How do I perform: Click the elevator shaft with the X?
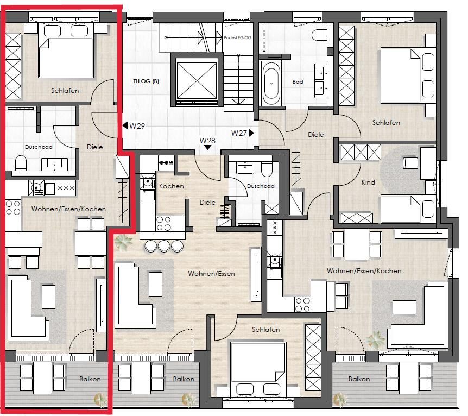[x=197, y=80]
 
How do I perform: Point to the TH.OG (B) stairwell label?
[x=146, y=81]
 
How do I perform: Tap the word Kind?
[x=368, y=182]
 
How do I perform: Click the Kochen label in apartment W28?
[x=172, y=186]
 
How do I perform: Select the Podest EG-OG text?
[x=238, y=38]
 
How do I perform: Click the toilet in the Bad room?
[x=319, y=35]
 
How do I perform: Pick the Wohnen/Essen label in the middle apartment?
[x=211, y=273]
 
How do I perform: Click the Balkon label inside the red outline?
[x=90, y=379]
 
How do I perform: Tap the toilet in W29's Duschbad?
[x=21, y=163]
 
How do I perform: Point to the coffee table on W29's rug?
[x=48, y=297]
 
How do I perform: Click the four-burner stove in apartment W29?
[x=13, y=207]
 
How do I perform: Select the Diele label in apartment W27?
[x=316, y=134]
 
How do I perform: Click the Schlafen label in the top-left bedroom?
[x=65, y=91]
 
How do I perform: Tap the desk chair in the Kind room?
[x=410, y=163]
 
